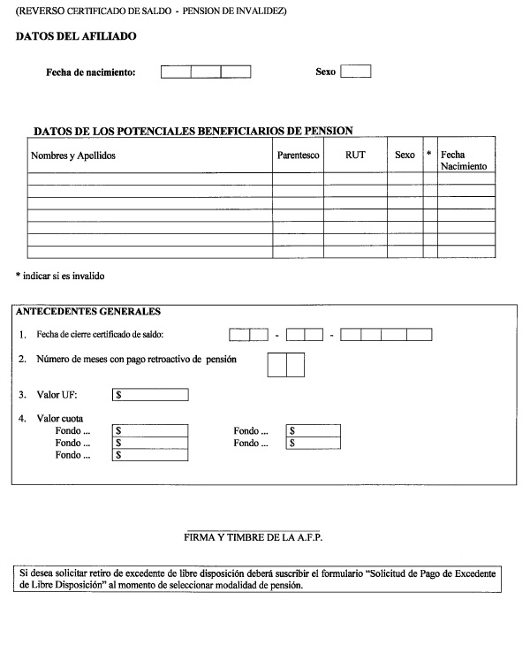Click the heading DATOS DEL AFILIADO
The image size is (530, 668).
click(76, 36)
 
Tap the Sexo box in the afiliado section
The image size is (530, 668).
click(355, 72)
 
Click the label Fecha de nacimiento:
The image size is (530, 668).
click(91, 72)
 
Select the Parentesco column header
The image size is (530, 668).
click(297, 156)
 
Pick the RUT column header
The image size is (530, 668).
click(357, 156)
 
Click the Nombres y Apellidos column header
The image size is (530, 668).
click(73, 156)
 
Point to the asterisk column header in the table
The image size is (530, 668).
click(429, 155)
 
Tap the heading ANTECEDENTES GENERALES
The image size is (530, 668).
click(88, 311)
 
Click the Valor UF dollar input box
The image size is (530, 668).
click(150, 395)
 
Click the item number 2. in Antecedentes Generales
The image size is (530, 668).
click(22, 361)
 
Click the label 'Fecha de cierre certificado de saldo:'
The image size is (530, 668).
click(101, 335)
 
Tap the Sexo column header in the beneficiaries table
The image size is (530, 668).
click(405, 156)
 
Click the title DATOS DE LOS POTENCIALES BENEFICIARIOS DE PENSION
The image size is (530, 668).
click(193, 131)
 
